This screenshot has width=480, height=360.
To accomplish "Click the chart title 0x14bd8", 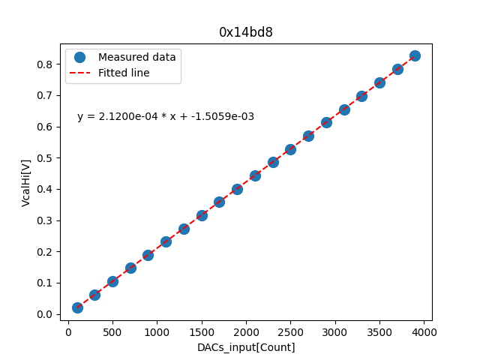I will pyautogui.click(x=246, y=32).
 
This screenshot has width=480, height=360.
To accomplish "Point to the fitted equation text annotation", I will pyautogui.click(x=166, y=117).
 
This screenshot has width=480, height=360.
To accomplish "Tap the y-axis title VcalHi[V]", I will pyautogui.click(x=26, y=182).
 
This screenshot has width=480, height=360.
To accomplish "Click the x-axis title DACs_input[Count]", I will pyautogui.click(x=246, y=347).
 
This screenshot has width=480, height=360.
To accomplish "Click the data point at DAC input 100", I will pyautogui.click(x=77, y=307).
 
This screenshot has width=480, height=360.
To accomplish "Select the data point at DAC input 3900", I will pyautogui.click(x=415, y=55).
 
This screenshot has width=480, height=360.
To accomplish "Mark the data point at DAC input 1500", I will pyautogui.click(x=202, y=215).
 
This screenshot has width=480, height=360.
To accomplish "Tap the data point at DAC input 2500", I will pyautogui.click(x=290, y=149).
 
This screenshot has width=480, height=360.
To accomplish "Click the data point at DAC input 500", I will pyautogui.click(x=112, y=281).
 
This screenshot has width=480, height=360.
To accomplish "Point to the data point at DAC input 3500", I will pyautogui.click(x=379, y=82).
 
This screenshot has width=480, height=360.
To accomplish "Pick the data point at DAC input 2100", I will pyautogui.click(x=255, y=175).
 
